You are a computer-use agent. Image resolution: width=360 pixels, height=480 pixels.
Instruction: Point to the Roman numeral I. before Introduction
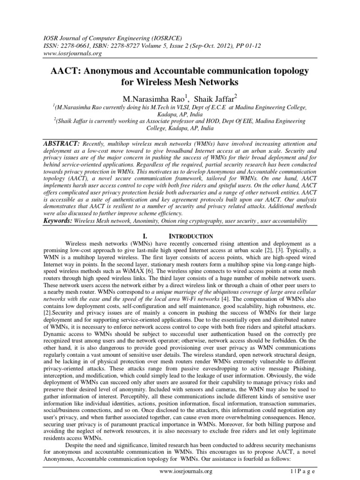click(148, 236)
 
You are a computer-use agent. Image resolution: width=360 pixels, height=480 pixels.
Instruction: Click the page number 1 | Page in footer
click(305, 471)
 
